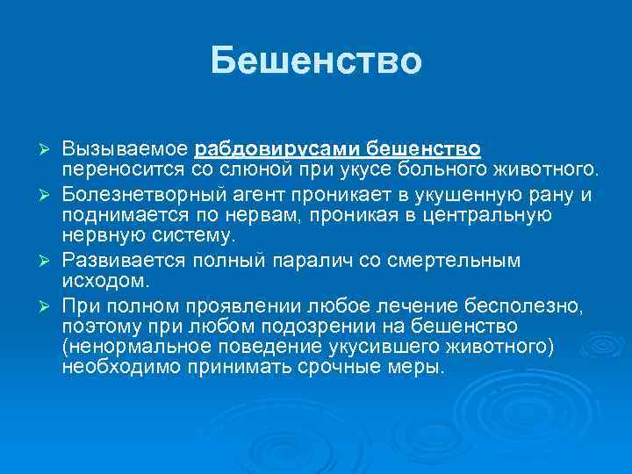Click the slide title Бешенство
point(316,61)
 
